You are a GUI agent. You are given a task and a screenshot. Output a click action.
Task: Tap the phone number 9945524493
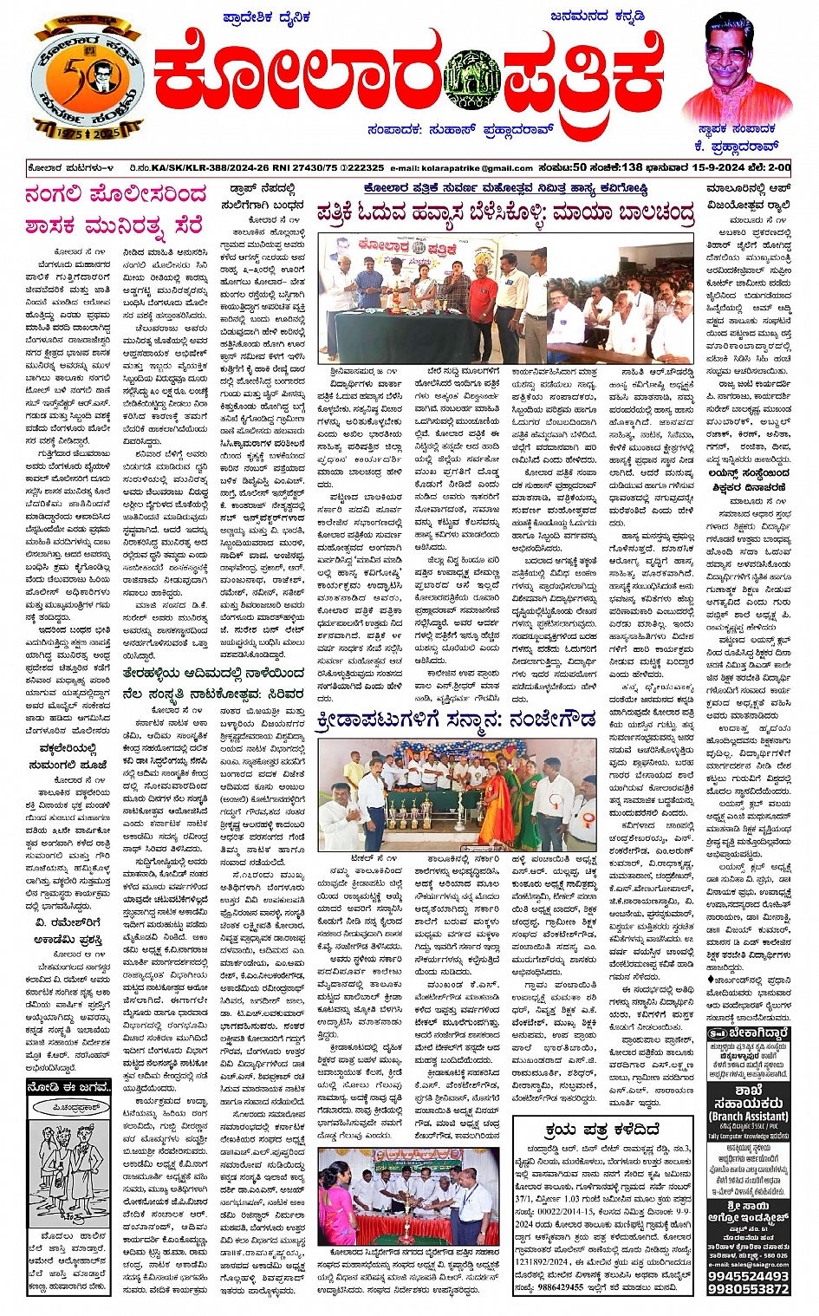pyautogui.click(x=748, y=1275)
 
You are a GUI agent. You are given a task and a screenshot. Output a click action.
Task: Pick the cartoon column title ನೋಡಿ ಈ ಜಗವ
pyautogui.click(x=69, y=1087)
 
